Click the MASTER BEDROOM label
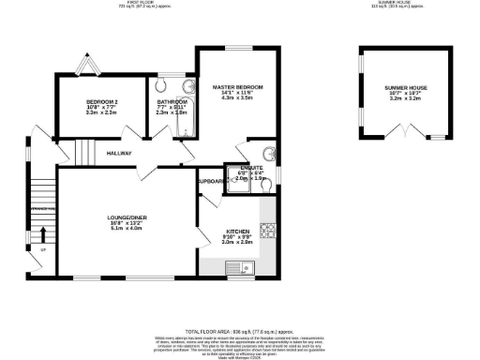point(237,86)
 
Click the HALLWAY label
point(119,153)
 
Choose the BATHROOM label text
point(172,101)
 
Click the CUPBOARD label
point(210,181)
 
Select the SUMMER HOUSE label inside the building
point(395,85)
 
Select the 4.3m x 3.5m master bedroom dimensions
point(237,97)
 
